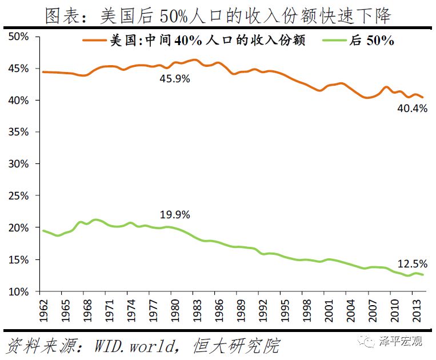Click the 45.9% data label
174,79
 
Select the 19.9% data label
175,215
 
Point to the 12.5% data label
413,263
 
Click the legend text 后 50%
375,41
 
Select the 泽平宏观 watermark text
400,342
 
